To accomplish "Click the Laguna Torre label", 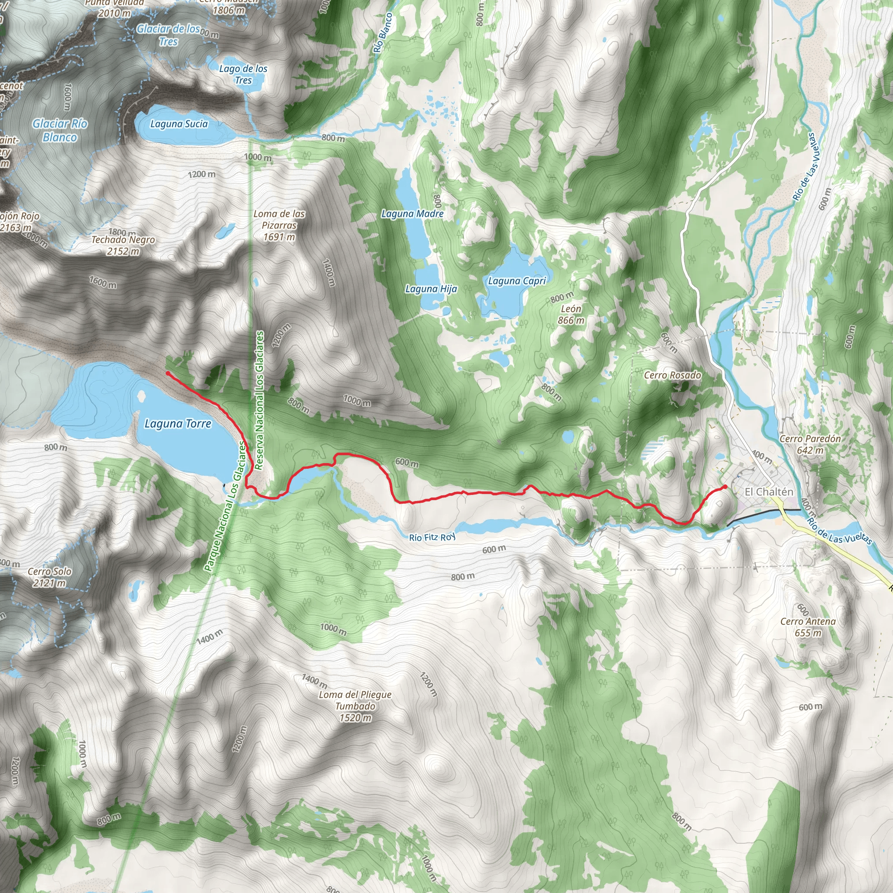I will click(x=178, y=423).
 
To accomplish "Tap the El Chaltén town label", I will click(x=769, y=492).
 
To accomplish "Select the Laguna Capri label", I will click(x=517, y=281).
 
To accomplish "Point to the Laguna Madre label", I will click(x=412, y=214).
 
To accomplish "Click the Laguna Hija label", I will click(x=431, y=289).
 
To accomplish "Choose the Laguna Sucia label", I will click(x=179, y=124).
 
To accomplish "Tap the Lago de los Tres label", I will click(x=243, y=75).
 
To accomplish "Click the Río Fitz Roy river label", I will click(x=432, y=537).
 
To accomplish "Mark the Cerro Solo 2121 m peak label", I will click(x=49, y=577).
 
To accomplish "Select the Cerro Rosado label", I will click(x=672, y=375).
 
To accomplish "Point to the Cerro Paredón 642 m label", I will click(x=810, y=444).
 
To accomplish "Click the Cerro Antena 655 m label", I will click(x=808, y=627).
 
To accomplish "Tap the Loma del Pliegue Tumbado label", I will click(x=355, y=706).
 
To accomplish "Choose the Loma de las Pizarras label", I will click(x=279, y=225).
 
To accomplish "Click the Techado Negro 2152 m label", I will click(x=123, y=245).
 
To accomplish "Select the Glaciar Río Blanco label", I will click(x=60, y=130).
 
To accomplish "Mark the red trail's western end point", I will click(x=168, y=373).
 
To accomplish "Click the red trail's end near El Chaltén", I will click(x=725, y=486).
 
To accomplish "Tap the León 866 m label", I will click(x=571, y=314).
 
